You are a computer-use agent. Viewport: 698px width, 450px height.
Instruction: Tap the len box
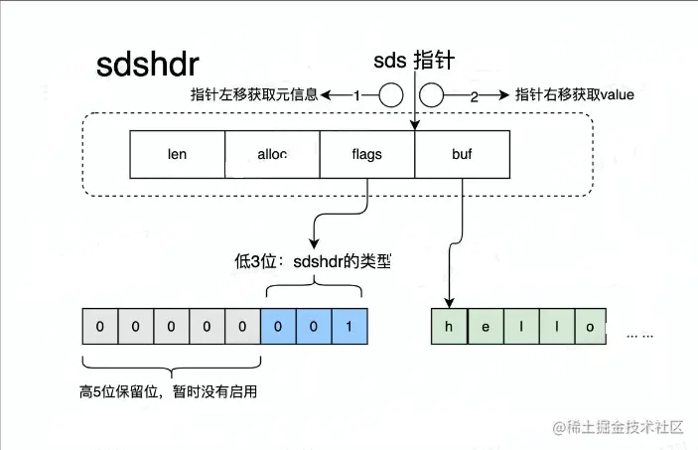click(x=178, y=155)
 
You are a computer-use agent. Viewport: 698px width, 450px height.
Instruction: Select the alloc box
click(x=272, y=155)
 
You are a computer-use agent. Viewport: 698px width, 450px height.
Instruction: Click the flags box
click(x=366, y=155)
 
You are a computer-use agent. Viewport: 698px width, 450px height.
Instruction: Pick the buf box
click(x=462, y=155)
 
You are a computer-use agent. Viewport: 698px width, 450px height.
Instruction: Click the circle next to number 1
click(x=389, y=95)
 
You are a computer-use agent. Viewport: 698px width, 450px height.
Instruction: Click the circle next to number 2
click(x=432, y=95)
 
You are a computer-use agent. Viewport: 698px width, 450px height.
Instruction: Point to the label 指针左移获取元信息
click(x=254, y=95)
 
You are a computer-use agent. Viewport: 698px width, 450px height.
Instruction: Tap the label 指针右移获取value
click(x=575, y=95)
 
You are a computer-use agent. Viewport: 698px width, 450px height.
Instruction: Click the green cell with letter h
click(x=449, y=327)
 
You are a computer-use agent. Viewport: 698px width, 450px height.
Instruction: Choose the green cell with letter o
click(x=591, y=327)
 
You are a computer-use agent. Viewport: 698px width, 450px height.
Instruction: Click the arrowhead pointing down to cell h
click(x=449, y=301)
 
